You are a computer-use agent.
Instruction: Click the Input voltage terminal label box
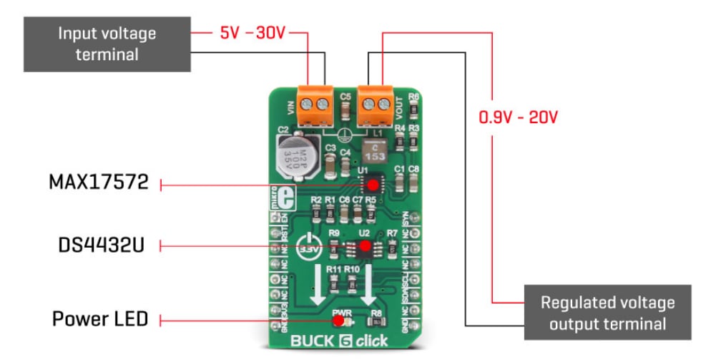(107, 44)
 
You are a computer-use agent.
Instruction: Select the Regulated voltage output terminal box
(607, 312)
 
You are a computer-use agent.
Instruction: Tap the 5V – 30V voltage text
(253, 33)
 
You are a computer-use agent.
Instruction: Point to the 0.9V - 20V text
(517, 117)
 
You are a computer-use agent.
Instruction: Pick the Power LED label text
(99, 318)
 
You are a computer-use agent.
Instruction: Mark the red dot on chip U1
(372, 185)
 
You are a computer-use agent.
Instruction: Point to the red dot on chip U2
(365, 247)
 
